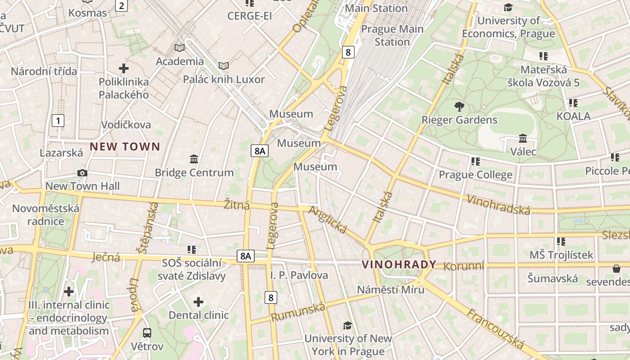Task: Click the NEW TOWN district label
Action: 125,146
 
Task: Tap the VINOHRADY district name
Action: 399,264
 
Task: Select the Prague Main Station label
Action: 392,35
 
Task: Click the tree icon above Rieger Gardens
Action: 459,107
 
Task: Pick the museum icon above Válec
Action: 523,138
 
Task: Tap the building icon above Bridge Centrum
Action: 194,159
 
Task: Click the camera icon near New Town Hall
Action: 82,173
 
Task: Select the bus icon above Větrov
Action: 147,333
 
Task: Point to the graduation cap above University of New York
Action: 347,325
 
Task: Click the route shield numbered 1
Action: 58,121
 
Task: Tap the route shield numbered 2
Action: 121,5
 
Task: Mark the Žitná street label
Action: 237,206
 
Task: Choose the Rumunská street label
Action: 297,312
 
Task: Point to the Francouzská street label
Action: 495,329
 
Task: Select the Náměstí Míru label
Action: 391,289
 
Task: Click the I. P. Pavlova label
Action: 299,275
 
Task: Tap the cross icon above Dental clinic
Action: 198,301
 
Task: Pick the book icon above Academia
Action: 180,48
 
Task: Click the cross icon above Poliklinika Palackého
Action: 124,68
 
